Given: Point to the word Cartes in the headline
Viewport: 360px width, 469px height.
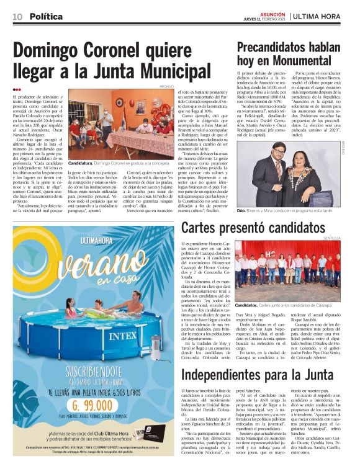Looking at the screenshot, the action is (202, 228).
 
